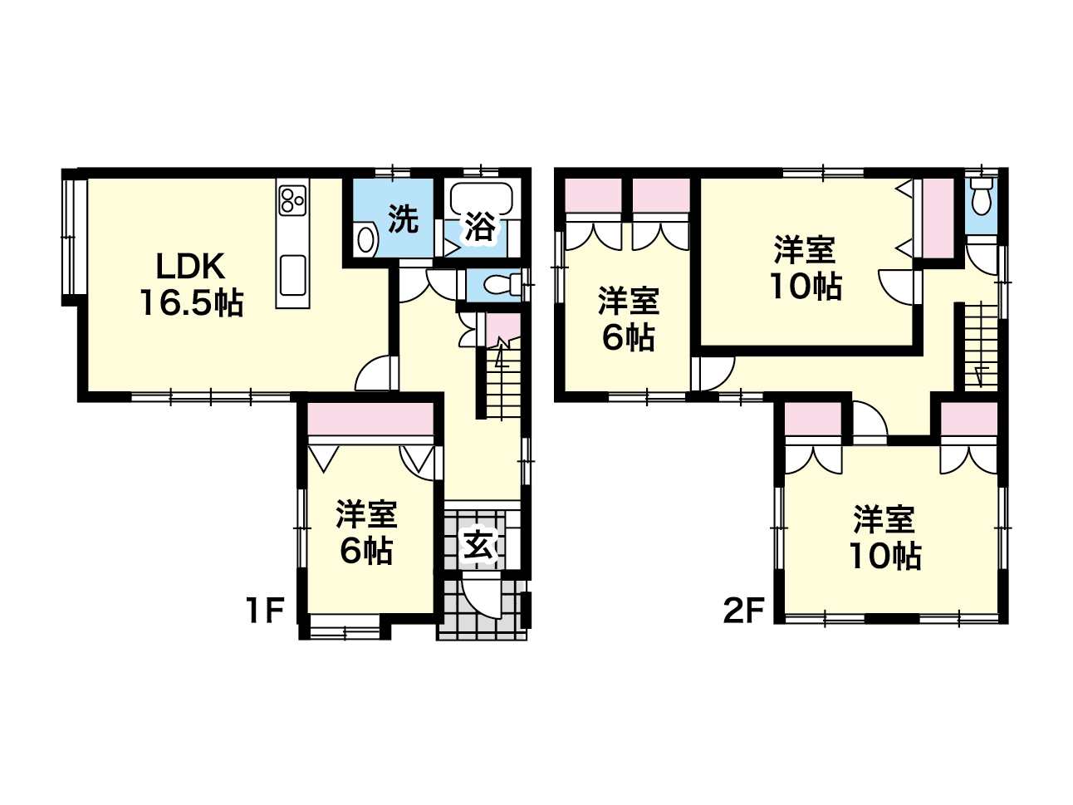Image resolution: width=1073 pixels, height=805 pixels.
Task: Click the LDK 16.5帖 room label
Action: tap(191, 284)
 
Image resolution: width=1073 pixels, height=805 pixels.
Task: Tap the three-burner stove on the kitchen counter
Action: tap(292, 200)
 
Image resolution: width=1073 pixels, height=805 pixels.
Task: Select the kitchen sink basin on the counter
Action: tap(293, 276)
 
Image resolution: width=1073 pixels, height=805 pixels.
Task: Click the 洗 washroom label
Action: tap(404, 219)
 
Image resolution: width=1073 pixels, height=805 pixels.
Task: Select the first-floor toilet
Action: tap(499, 284)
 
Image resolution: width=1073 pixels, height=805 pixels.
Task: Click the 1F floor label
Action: tap(266, 611)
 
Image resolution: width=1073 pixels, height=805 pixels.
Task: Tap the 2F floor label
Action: tap(743, 611)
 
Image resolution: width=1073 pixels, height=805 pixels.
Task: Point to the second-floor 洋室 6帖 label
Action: tap(629, 319)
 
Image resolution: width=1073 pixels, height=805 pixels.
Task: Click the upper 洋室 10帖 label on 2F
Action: tap(806, 268)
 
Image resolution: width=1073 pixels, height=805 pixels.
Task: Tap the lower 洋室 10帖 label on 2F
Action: tap(885, 538)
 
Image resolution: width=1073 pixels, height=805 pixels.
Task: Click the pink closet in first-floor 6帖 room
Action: tap(370, 419)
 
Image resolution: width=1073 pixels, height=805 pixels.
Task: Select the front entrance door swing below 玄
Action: tap(479, 600)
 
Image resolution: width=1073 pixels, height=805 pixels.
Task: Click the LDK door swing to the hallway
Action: tap(374, 374)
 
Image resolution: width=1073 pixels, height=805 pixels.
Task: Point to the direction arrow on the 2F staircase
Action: tap(980, 375)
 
